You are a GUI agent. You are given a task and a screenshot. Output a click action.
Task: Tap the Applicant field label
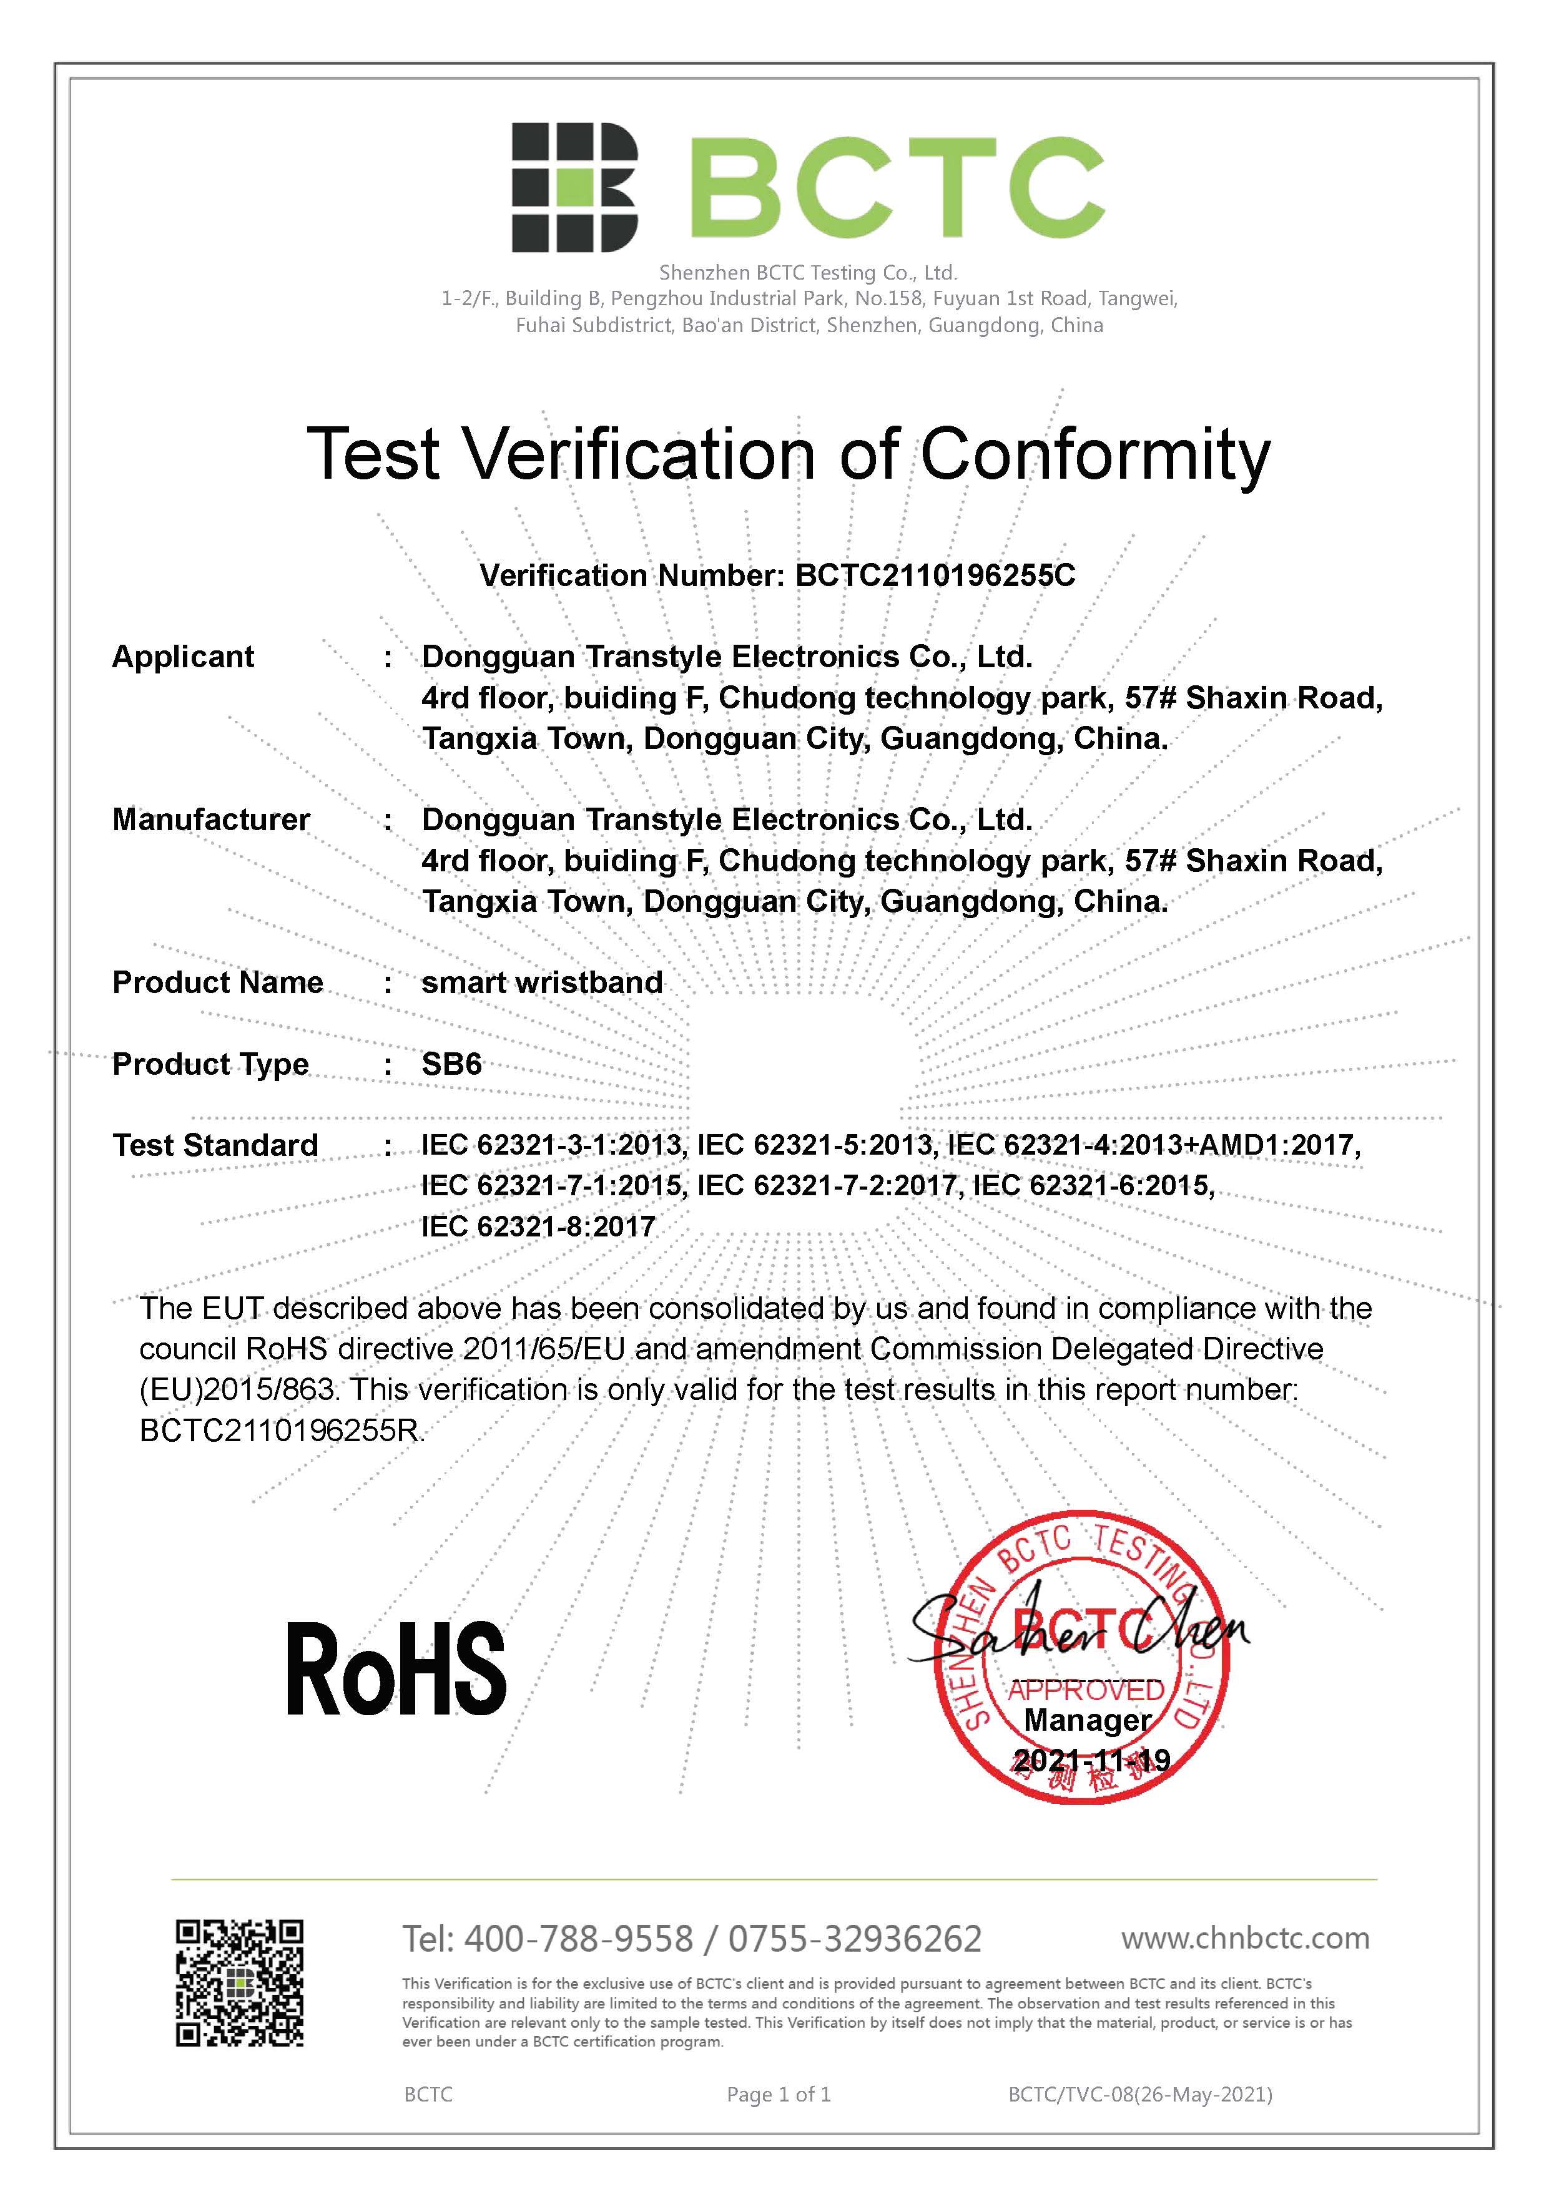coord(183,657)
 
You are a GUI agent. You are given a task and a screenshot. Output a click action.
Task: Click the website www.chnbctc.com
coord(1245,1938)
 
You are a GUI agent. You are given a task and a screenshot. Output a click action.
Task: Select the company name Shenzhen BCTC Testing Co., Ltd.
coord(808,273)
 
